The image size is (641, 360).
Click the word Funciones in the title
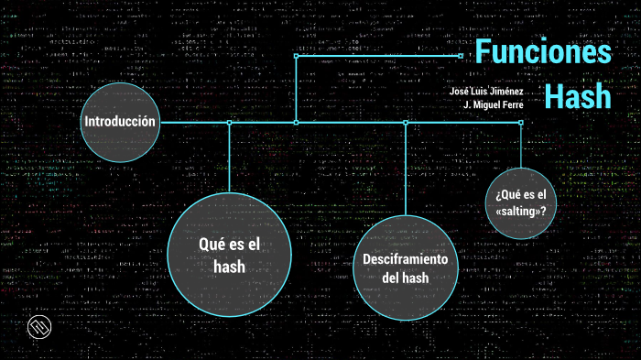(x=544, y=52)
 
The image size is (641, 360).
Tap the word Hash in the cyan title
(x=578, y=94)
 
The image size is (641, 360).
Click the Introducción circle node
(x=120, y=123)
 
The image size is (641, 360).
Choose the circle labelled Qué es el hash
(x=229, y=255)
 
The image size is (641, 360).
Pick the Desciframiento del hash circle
(x=405, y=268)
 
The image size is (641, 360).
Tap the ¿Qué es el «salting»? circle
(x=520, y=202)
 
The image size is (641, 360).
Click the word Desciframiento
(x=405, y=259)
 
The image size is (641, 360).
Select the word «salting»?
(x=520, y=211)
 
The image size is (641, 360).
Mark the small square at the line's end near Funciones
(x=461, y=55)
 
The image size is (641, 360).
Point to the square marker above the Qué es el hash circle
(x=229, y=123)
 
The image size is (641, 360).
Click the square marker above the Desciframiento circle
(x=405, y=123)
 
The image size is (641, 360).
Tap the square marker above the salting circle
(x=520, y=123)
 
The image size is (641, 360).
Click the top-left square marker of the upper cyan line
(x=296, y=55)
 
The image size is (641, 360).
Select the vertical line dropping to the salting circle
(x=520, y=147)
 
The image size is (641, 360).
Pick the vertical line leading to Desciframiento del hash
(x=405, y=169)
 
